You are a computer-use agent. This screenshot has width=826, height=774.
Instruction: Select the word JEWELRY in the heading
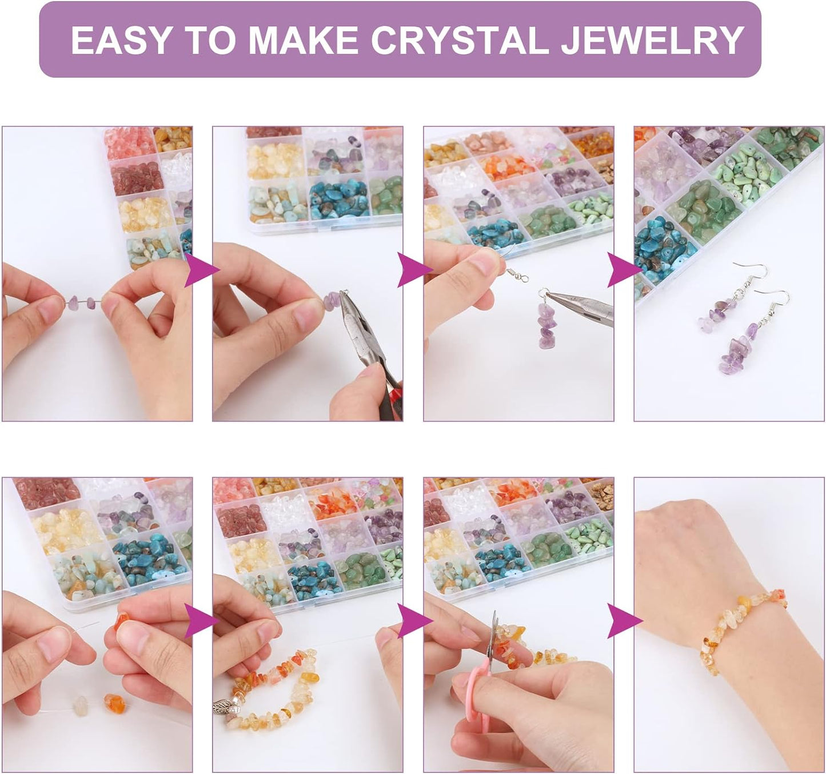tap(652, 40)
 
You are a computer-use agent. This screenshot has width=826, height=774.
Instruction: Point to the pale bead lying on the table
tap(80, 705)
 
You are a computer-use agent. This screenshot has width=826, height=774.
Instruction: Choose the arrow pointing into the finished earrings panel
tap(623, 270)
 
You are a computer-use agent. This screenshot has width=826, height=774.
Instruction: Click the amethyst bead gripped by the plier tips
tap(332, 301)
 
